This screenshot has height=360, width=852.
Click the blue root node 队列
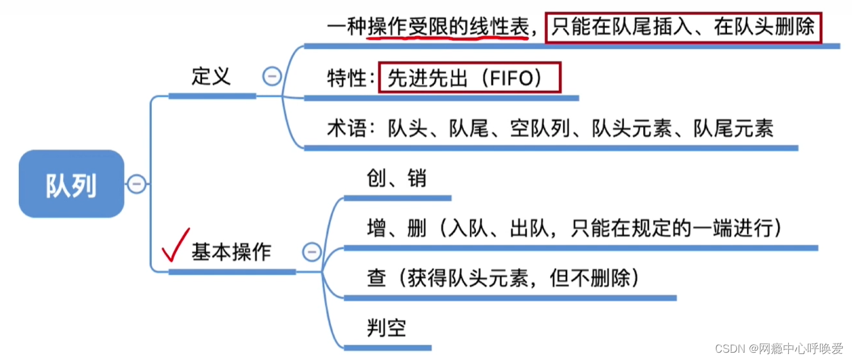(72, 184)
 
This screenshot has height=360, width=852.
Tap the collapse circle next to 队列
(137, 184)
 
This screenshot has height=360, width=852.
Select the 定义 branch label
(211, 76)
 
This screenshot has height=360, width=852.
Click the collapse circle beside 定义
(272, 76)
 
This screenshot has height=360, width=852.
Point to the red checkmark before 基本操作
(175, 245)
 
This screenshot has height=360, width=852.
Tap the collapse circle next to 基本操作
(312, 252)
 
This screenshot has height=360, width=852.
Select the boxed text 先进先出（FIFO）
(469, 78)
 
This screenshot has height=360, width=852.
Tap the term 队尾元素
(733, 128)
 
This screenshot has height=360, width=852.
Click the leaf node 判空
(386, 328)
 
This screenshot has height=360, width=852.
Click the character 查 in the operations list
(377, 278)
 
